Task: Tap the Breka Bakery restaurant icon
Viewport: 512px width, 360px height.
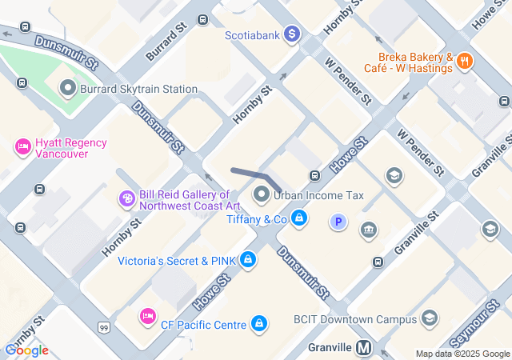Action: tap(466, 61)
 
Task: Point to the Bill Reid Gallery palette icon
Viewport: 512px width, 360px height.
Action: tap(126, 198)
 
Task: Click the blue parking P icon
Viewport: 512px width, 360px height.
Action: tap(339, 222)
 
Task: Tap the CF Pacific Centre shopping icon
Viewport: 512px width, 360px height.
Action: tap(258, 323)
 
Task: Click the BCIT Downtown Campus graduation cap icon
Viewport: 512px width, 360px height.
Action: tap(430, 318)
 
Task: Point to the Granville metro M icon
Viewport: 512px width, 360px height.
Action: tap(365, 348)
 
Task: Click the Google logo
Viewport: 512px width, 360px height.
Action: tap(26, 350)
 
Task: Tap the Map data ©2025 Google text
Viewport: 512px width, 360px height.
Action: tap(462, 354)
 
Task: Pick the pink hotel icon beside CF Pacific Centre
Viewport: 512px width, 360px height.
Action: tap(147, 317)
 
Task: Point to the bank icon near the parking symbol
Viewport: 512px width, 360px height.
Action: tap(368, 231)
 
